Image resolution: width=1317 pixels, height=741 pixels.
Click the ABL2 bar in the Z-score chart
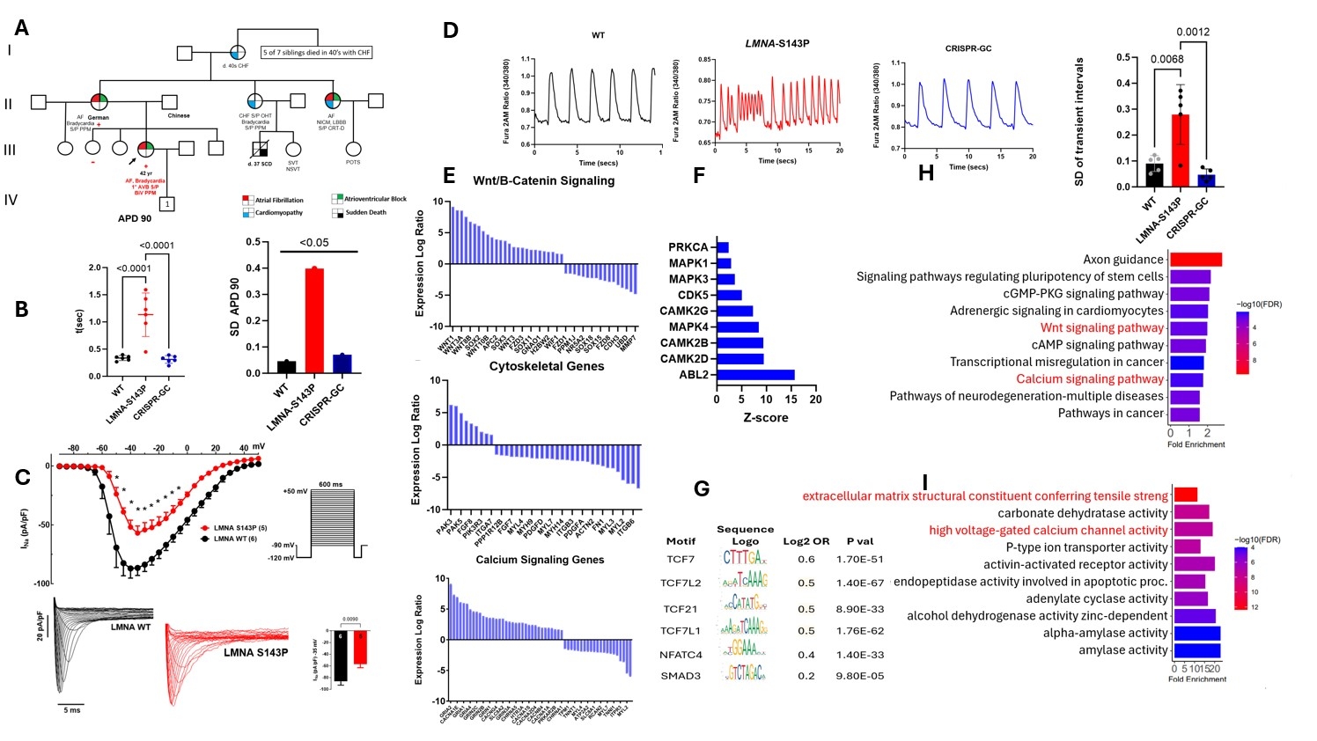(755, 375)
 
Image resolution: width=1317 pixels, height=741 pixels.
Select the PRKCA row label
(688, 247)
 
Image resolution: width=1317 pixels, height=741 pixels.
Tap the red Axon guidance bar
(1195, 260)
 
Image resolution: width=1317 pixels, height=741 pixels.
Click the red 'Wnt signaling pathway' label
(1101, 327)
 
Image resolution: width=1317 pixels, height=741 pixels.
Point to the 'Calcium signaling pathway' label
(1090, 378)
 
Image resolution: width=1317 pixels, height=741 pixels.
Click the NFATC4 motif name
(681, 655)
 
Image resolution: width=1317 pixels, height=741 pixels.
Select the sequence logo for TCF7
(744, 558)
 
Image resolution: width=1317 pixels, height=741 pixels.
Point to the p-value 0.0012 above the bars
(1193, 33)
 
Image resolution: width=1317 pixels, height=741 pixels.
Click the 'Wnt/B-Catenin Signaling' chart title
(543, 180)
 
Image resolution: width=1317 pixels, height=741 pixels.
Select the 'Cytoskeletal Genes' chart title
(547, 366)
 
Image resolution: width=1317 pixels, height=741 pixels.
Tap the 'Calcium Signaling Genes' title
(540, 560)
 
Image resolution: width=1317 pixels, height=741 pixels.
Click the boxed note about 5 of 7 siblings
(317, 53)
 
